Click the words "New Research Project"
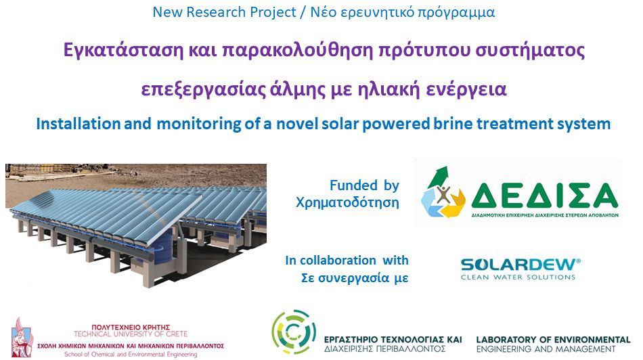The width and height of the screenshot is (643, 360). coord(224,12)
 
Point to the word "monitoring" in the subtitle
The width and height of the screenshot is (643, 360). coord(199,124)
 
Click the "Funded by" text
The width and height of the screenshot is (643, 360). coord(365,185)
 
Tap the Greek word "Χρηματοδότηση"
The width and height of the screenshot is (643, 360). coord(347,202)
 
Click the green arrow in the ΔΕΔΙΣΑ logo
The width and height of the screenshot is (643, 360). coord(438,177)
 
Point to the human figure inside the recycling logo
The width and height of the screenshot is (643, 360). coord(443,194)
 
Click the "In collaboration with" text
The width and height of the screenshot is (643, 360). coord(347,261)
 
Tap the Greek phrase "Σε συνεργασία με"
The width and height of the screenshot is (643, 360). coord(355,278)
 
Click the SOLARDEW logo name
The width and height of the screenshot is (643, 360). coord(520,265)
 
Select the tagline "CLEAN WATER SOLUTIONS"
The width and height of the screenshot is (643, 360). coord(518,277)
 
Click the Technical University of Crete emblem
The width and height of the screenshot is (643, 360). coord(22,337)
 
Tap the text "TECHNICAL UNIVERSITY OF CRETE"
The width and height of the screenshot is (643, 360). coord(131,334)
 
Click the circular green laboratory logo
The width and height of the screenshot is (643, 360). coord(294,332)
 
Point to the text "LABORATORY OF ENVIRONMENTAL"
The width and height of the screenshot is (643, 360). coord(553,340)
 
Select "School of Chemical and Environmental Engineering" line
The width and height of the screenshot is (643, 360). coord(131,355)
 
